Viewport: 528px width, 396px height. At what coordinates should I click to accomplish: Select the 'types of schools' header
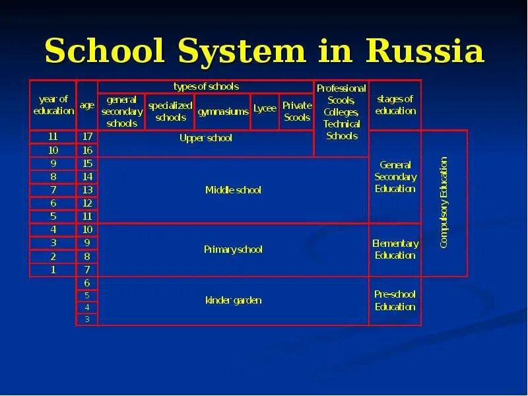206,86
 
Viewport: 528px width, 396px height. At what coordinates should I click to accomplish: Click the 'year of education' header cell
53,105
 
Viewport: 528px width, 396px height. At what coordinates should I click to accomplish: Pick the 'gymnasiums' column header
223,112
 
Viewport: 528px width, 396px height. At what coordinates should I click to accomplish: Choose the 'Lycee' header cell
265,108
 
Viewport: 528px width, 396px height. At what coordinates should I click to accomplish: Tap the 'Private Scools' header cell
296,112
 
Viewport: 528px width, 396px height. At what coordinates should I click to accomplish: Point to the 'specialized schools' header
170,112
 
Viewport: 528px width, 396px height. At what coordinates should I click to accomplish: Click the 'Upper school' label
206,138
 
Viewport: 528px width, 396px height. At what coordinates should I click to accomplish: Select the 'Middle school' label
233,190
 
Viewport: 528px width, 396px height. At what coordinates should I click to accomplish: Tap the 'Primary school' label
233,249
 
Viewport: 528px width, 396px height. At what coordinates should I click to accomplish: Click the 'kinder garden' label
233,300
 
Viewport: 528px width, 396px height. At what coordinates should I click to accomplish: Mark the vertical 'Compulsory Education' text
444,203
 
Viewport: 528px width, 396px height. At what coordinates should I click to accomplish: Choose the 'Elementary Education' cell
395,249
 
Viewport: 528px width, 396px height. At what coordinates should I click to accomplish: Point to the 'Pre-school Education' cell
395,300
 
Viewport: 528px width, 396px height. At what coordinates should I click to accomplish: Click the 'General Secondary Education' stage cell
395,177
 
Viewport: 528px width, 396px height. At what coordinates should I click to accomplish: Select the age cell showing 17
87,137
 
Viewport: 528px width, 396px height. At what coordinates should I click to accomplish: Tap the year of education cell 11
53,137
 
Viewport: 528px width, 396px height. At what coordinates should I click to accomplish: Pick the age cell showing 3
87,319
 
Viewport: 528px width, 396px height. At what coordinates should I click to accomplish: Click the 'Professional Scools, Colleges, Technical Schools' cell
341,112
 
